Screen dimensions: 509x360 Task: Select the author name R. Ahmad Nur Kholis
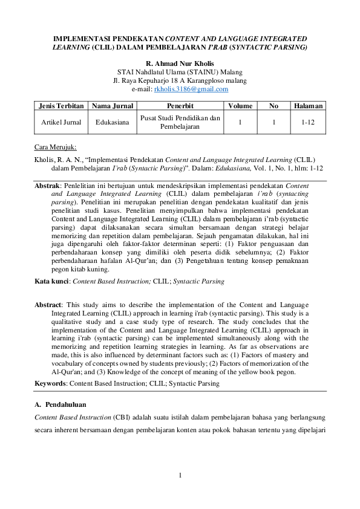(180, 63)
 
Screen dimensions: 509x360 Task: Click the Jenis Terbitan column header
(61, 106)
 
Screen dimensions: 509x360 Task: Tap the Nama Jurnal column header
(112, 106)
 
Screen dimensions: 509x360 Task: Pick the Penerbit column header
(180, 106)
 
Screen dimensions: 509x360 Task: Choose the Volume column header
(240, 106)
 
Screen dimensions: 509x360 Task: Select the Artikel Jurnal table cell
(61, 122)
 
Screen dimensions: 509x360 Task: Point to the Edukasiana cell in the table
(112, 122)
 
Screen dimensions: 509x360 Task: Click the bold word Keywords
(50, 383)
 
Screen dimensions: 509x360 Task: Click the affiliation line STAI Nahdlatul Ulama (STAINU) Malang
(180, 72)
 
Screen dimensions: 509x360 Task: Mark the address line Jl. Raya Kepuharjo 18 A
(180, 80)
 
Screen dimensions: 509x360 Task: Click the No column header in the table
(274, 106)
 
